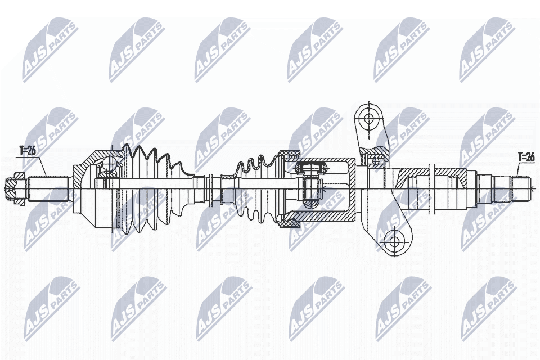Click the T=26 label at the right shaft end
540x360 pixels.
click(x=525, y=157)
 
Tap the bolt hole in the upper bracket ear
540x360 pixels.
click(x=368, y=119)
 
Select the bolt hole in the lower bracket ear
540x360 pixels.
click(x=394, y=242)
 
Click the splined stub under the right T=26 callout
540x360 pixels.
click(x=520, y=188)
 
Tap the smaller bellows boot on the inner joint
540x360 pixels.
click(x=256, y=188)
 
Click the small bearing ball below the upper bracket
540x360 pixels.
click(x=376, y=161)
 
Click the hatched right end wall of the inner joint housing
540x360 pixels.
click(x=352, y=188)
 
